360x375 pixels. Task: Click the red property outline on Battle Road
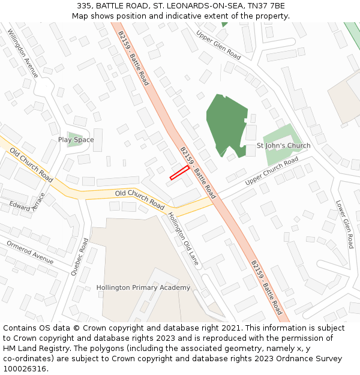pyautogui.click(x=179, y=172)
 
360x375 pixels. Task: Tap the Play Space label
pyautogui.click(x=76, y=140)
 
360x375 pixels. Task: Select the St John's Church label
pyautogui.click(x=283, y=146)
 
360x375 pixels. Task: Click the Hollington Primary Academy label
pyautogui.click(x=143, y=287)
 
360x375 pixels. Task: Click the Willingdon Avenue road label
pyautogui.click(x=23, y=54)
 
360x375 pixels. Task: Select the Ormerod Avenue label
pyautogui.click(x=29, y=252)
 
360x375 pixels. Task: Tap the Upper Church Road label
pyautogui.click(x=271, y=171)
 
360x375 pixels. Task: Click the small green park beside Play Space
pyautogui.click(x=75, y=139)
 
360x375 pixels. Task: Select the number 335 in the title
pyautogui.click(x=84, y=5)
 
